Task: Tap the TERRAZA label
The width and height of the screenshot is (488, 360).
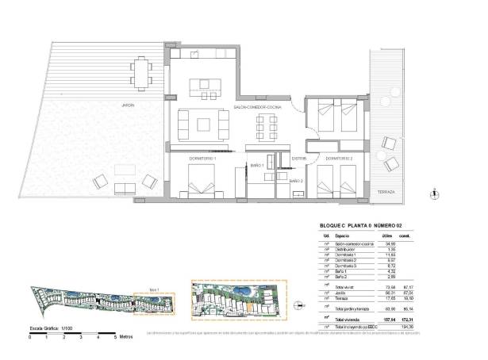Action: click(387, 191)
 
